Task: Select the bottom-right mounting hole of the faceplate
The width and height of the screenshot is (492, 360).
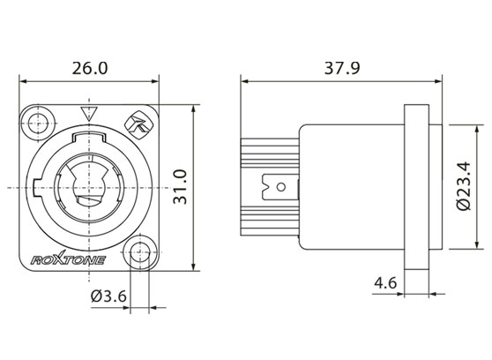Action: [137, 254]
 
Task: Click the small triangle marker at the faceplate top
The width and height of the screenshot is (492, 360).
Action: [86, 113]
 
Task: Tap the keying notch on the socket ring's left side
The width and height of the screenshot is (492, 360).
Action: [35, 187]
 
